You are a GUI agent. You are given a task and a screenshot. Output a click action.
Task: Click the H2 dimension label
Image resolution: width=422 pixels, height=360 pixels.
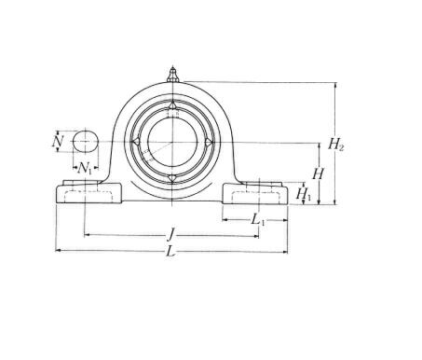pyautogui.click(x=336, y=145)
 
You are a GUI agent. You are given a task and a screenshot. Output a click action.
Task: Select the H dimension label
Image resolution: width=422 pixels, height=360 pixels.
pyautogui.click(x=318, y=173)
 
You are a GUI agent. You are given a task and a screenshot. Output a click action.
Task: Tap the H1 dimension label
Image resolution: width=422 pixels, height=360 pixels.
pyautogui.click(x=303, y=194)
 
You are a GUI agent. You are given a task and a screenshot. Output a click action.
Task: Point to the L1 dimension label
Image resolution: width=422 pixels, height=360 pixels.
pyautogui.click(x=258, y=220)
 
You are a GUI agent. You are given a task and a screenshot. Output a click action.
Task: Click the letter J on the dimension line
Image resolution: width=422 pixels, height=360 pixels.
pyautogui.click(x=170, y=234)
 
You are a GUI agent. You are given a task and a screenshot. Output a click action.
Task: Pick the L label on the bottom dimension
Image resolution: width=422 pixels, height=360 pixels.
pyautogui.click(x=170, y=251)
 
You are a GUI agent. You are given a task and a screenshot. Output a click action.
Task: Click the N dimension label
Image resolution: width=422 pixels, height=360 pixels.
pyautogui.click(x=58, y=142)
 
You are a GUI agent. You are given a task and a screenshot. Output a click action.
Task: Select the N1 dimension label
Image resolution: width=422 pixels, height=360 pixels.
pyautogui.click(x=85, y=169)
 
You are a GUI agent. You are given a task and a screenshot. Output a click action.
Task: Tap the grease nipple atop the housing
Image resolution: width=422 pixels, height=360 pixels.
pyautogui.click(x=172, y=75)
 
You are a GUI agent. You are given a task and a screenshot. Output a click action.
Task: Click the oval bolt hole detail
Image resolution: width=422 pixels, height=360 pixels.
pyautogui.click(x=86, y=142)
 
